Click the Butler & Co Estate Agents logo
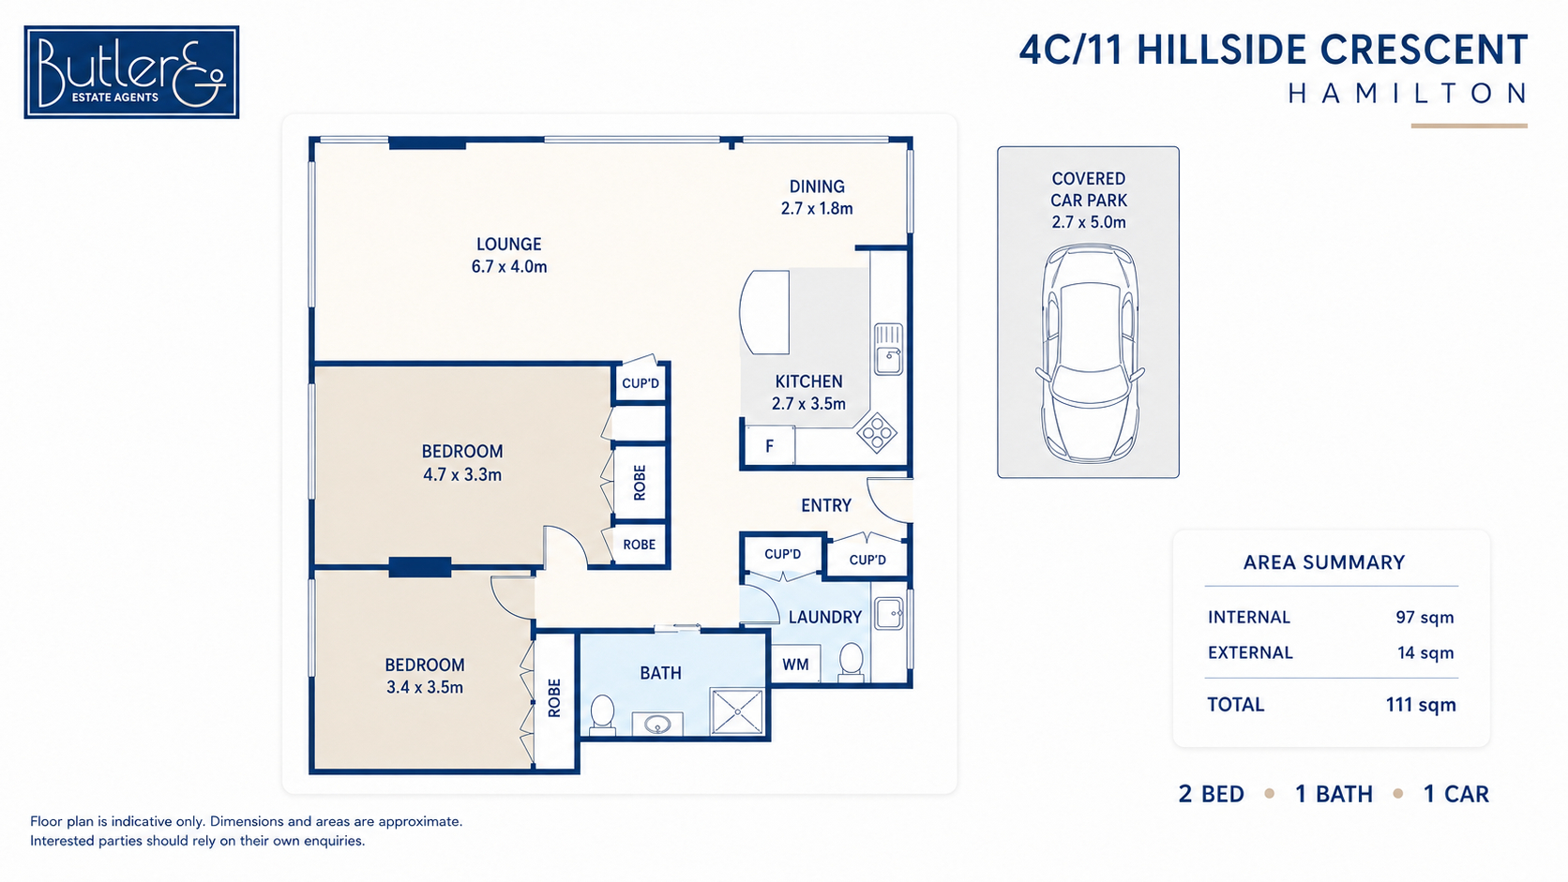131,72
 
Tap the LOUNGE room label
509,244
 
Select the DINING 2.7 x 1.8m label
817,197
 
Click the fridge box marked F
769,445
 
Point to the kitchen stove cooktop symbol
877,432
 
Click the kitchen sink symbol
888,349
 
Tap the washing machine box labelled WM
795,664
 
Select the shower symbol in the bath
737,712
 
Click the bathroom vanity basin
657,724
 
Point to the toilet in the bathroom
602,715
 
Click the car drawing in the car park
1089,353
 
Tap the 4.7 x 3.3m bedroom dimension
462,475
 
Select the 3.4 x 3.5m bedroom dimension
425,688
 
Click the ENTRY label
826,506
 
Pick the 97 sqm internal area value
1425,618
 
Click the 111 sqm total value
1421,705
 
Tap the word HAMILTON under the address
1407,94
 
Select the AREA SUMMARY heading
1323,562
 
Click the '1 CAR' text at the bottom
1456,794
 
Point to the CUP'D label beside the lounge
641,383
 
